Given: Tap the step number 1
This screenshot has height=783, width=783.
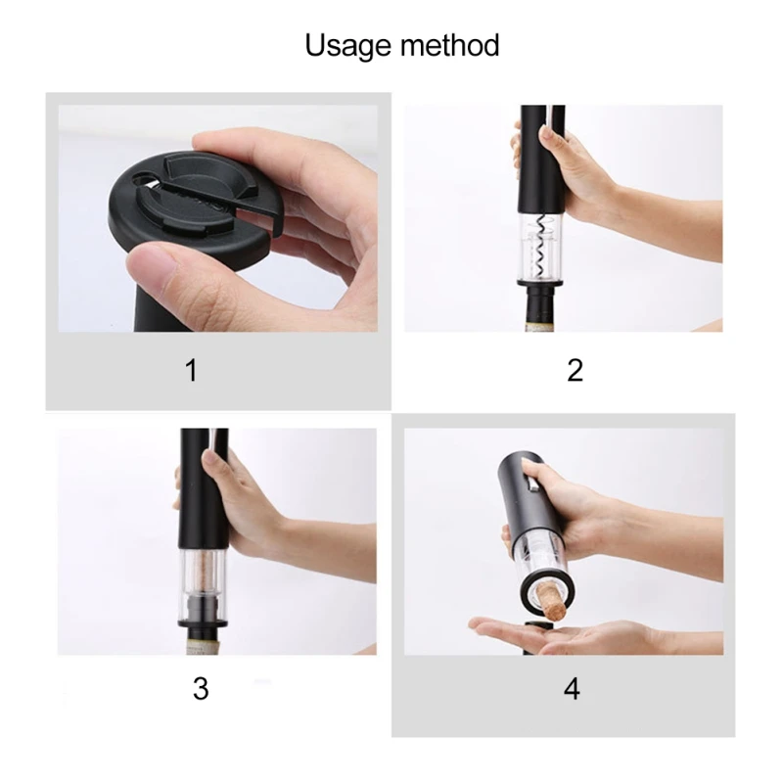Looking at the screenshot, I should (191, 370).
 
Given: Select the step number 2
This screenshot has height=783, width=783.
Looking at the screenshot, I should (575, 370).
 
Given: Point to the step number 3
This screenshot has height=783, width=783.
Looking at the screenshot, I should (200, 688).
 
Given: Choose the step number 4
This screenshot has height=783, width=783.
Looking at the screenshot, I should (572, 688).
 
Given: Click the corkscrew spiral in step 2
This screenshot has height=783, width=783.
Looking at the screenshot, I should (538, 245).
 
